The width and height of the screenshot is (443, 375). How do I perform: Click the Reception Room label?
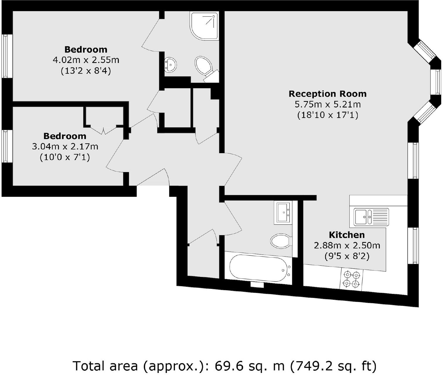click(328, 94)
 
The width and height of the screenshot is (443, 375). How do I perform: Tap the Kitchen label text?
click(347, 235)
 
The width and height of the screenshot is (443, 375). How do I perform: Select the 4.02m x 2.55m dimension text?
click(86, 60)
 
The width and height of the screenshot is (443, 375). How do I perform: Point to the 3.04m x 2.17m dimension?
click(65, 146)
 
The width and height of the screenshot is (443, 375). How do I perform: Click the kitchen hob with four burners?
click(352, 279)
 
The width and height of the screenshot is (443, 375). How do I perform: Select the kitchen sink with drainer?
click(371, 217)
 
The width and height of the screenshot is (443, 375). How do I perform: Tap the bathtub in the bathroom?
click(258, 268)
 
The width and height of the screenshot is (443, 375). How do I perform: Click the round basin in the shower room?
click(170, 65)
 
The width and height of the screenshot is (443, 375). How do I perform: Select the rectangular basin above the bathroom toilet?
click(283, 213)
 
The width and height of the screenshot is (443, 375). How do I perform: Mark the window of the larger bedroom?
click(7, 56)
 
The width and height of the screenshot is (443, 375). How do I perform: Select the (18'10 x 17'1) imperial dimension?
click(328, 115)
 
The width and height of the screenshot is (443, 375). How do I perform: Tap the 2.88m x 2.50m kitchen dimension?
click(347, 245)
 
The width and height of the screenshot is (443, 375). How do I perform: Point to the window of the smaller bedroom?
click(7, 146)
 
